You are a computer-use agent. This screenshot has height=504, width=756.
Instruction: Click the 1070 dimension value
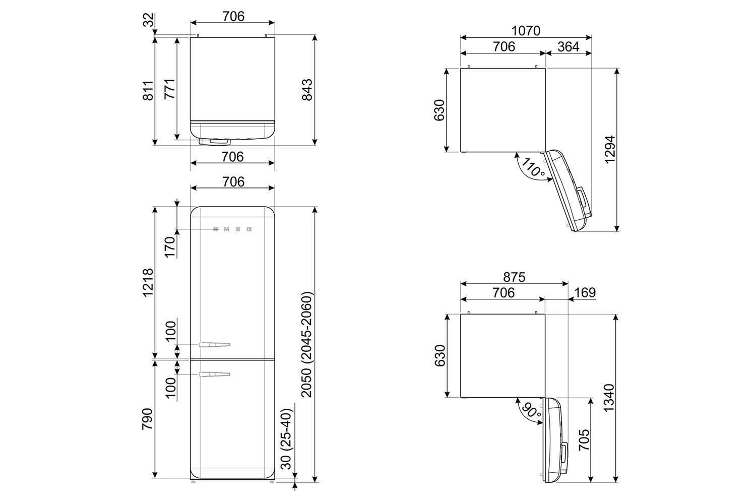click(526, 31)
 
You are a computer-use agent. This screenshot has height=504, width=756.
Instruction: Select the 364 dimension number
click(569, 46)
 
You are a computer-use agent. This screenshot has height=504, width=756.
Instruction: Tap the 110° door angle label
click(533, 168)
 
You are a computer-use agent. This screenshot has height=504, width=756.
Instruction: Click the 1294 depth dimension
click(610, 150)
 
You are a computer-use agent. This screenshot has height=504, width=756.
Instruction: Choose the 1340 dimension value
click(609, 398)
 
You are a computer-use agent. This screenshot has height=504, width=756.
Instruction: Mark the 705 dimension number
click(584, 439)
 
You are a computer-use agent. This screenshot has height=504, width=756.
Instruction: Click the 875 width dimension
click(515, 277)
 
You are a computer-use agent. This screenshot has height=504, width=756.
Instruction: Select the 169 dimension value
click(585, 292)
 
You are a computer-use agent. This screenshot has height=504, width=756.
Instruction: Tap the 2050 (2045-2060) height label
click(307, 344)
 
